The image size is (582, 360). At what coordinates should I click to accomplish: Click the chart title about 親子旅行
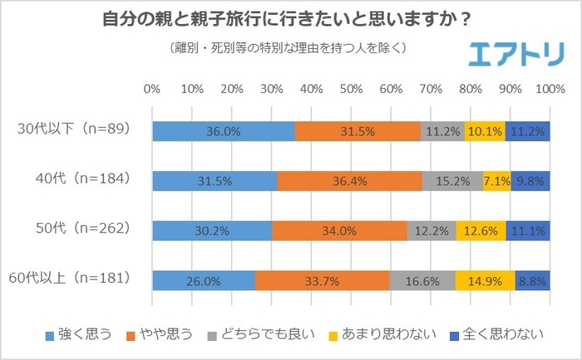tap(291, 17)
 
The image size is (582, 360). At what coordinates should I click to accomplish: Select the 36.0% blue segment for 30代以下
tap(224, 130)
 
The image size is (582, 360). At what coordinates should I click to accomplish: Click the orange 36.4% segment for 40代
tap(349, 180)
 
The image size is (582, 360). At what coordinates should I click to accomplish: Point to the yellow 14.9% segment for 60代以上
tap(485, 280)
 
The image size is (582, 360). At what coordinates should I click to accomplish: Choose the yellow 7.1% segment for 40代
tap(496, 180)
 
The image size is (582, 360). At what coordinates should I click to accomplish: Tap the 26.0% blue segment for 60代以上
tap(204, 280)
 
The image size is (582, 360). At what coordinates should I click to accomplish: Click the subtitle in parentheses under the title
tap(287, 47)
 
